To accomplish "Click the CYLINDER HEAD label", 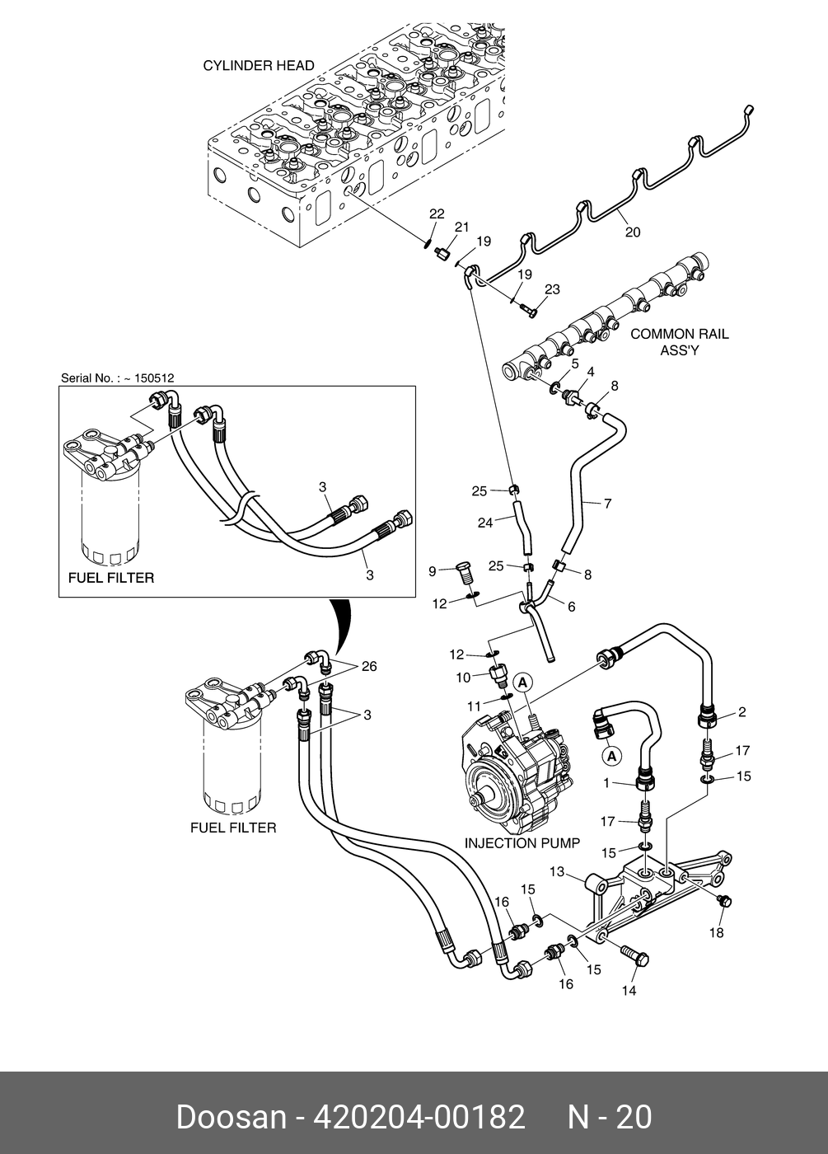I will click(x=259, y=66).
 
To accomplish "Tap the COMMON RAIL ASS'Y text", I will click(x=679, y=342).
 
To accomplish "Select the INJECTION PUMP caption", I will click(x=522, y=843).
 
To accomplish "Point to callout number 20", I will click(x=632, y=232).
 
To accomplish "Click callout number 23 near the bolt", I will click(x=552, y=289).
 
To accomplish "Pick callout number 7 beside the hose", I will click(x=608, y=503).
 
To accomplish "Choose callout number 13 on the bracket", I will click(x=557, y=871).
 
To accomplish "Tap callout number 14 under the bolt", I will click(x=629, y=991).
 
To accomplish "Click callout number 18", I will click(x=716, y=932).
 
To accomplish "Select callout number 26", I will click(x=368, y=666).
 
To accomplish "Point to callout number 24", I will click(x=485, y=522).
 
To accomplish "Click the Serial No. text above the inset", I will click(x=117, y=378).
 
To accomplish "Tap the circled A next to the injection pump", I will click(x=522, y=683).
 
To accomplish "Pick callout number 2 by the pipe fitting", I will click(x=741, y=712).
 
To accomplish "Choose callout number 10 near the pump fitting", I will click(x=463, y=678).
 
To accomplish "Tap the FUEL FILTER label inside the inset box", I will click(x=109, y=578).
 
